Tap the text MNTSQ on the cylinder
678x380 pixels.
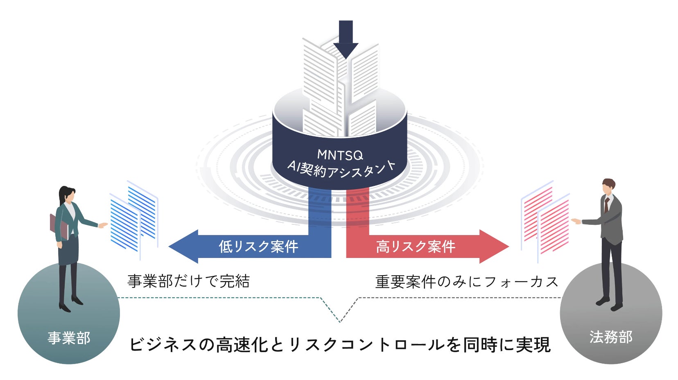pyautogui.click(x=340, y=155)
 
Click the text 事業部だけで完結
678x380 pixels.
pyautogui.click(x=188, y=281)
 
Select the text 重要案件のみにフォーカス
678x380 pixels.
pyautogui.click(x=467, y=282)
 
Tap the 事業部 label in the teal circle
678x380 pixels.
pyautogui.click(x=69, y=338)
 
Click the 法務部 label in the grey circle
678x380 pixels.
pyautogui.click(x=611, y=337)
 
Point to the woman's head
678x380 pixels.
pyautogui.click(x=67, y=195)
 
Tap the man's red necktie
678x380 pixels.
pyautogui.click(x=606, y=204)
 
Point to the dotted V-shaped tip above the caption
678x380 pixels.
pyautogui.click(x=340, y=321)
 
